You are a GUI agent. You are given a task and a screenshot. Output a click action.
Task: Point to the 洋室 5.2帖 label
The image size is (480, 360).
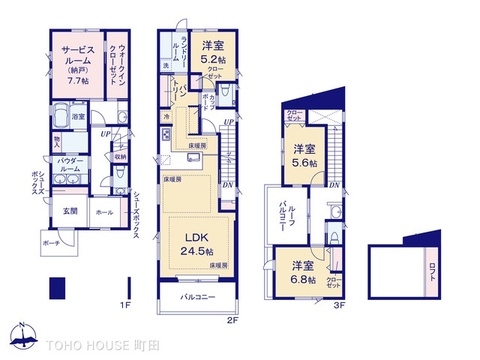pos(217,51)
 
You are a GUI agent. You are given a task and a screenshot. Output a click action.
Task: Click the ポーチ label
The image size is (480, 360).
pos(52,243)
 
